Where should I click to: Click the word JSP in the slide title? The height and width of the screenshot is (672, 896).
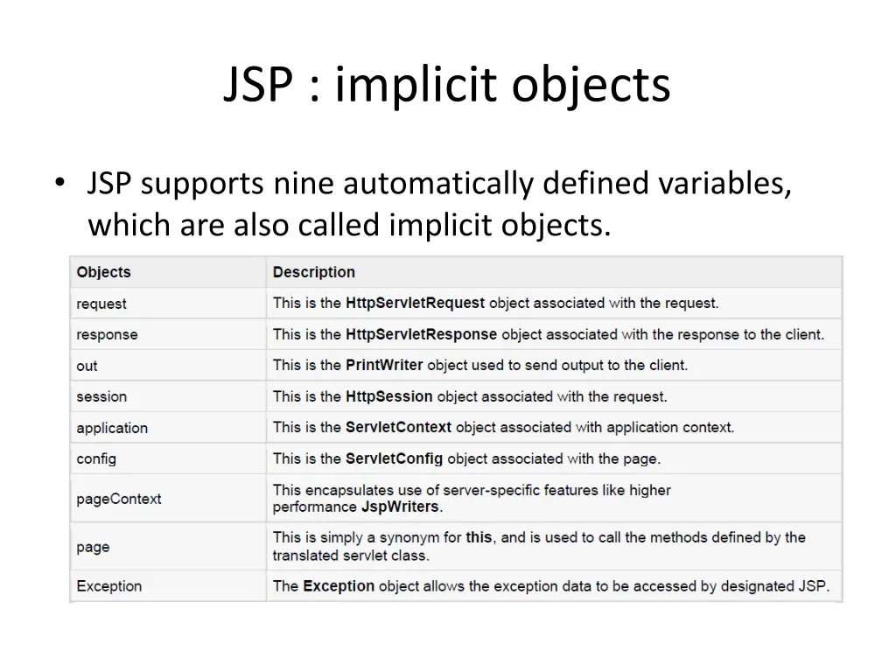258,86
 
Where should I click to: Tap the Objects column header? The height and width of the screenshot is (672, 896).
103,272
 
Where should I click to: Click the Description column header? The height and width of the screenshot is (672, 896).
313,272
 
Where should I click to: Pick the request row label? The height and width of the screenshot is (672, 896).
101,304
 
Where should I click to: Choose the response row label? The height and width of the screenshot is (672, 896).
107,334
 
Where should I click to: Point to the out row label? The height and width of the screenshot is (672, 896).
87,366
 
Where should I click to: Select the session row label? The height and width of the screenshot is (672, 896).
101,396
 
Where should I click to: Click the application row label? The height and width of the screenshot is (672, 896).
112,428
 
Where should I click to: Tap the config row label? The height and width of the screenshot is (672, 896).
96,458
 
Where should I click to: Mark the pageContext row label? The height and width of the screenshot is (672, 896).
119,499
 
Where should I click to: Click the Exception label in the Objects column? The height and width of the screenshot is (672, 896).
108,586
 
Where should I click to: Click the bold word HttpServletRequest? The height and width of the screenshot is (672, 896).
415,303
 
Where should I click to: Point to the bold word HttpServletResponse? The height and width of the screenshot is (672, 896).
421,334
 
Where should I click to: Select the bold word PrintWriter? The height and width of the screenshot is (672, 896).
384,365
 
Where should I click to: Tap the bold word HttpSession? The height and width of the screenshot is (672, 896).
388,396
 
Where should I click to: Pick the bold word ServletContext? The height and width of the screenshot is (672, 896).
398,427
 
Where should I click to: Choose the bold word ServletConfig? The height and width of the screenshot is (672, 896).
394,458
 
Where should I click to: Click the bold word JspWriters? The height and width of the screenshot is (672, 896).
401,507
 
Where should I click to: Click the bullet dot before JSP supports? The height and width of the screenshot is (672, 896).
59,184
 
